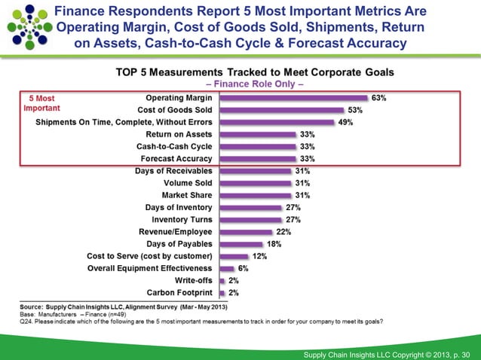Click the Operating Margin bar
[293, 97]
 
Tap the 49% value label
[346, 122]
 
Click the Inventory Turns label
[179, 219]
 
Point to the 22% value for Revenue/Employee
[283, 232]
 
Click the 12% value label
[260, 256]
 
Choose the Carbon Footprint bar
[222, 292]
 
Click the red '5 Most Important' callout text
[40, 102]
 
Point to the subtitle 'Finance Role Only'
[259, 84]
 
